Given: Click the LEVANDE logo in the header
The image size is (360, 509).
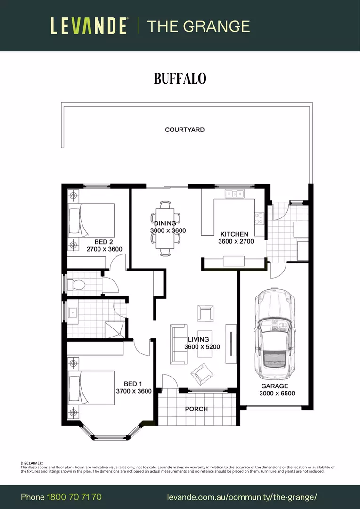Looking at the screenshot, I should [89, 26].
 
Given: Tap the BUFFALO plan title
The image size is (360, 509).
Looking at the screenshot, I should [180, 79].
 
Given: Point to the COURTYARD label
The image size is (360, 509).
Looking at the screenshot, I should [185, 130].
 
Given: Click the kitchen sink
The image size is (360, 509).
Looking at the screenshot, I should [234, 193].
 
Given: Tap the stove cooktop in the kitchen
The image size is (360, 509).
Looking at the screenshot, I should [259, 218].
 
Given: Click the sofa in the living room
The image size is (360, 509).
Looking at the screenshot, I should [178, 344].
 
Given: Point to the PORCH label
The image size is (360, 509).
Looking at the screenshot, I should [196, 409].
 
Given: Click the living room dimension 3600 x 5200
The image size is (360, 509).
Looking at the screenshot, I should [202, 347].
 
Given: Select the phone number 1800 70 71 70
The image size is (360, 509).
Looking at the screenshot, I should [74, 497].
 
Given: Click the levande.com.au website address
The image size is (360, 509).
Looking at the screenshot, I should [242, 497].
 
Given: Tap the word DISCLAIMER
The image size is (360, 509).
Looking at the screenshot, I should [32, 463].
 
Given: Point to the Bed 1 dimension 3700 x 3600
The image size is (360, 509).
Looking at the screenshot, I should [133, 391].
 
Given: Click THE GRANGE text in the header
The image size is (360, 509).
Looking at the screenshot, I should [198, 26].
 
